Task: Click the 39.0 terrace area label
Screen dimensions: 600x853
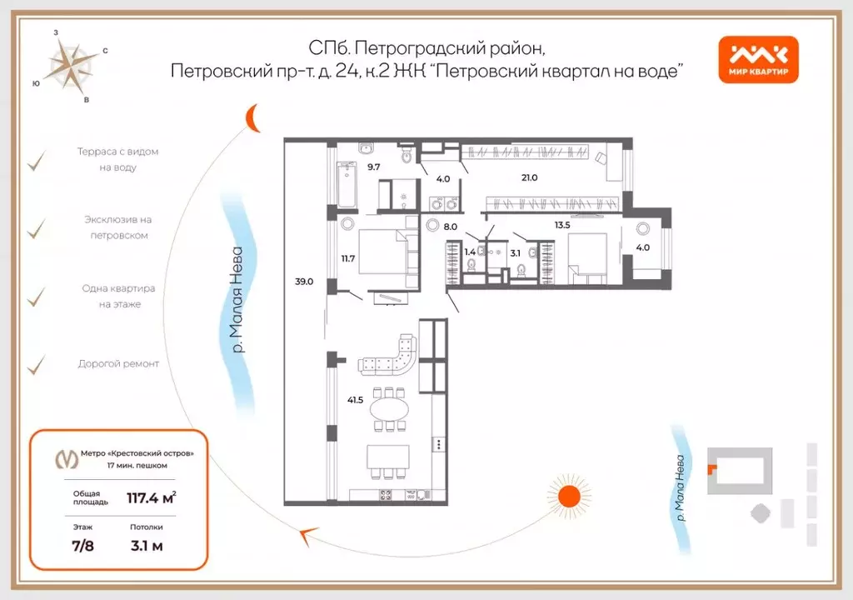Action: pyautogui.click(x=304, y=282)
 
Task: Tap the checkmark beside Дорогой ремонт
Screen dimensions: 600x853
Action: pyautogui.click(x=36, y=364)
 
